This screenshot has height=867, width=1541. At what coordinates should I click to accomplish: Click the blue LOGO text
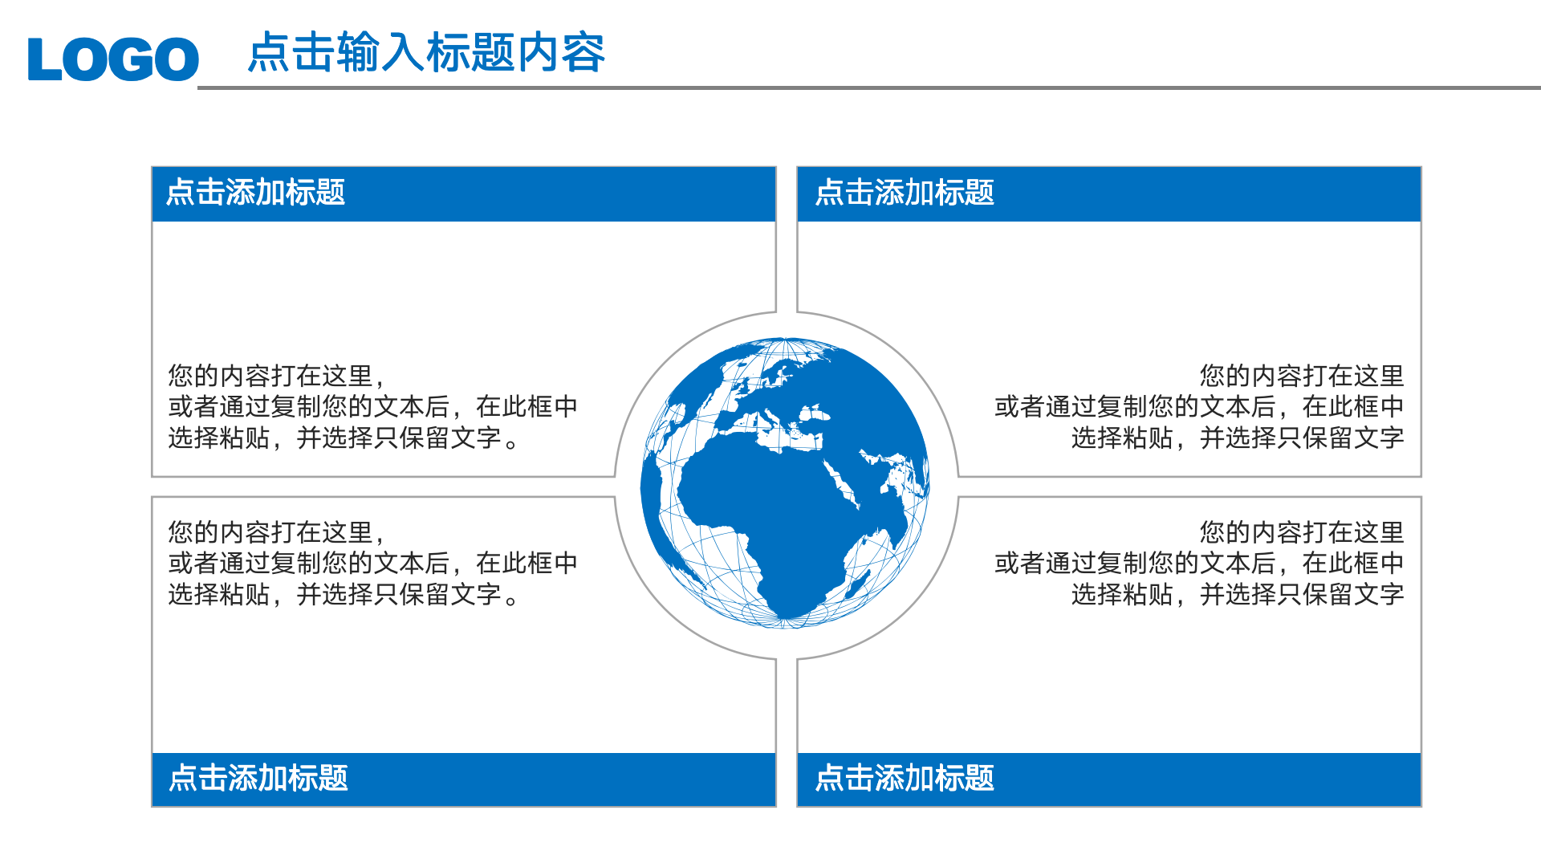click(112, 59)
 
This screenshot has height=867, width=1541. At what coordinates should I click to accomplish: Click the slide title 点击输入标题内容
click(426, 53)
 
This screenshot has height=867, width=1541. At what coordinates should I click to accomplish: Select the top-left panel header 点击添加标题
click(255, 193)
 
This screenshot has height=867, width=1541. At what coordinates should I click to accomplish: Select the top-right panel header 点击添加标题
click(905, 193)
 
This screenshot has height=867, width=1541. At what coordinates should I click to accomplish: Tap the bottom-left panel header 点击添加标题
click(258, 778)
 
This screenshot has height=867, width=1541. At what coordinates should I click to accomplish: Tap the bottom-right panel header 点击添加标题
click(905, 778)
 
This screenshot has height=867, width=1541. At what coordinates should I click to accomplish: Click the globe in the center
click(786, 482)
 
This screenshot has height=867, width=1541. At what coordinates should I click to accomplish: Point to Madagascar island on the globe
click(858, 584)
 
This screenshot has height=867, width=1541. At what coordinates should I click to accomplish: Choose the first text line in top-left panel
click(276, 376)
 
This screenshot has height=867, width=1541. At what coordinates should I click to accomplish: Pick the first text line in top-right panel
click(1301, 376)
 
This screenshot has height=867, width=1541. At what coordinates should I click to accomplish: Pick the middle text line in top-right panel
click(1198, 407)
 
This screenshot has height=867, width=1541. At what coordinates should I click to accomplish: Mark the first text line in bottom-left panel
click(276, 532)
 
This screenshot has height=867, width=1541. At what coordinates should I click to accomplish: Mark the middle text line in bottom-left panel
click(372, 564)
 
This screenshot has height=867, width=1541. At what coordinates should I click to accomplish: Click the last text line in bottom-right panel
click(1237, 595)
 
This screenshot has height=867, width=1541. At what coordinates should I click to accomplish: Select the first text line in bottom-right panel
click(1301, 532)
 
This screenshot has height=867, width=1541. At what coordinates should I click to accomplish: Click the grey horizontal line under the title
click(867, 88)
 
